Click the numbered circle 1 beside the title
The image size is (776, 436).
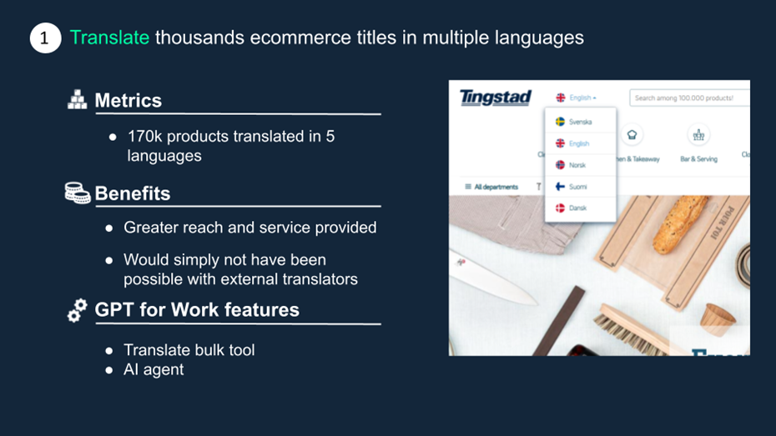(x=45, y=38)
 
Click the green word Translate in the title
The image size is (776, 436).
(x=109, y=38)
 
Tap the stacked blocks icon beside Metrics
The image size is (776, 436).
(x=77, y=100)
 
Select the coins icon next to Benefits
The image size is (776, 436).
(x=78, y=193)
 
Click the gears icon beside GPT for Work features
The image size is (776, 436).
(x=78, y=310)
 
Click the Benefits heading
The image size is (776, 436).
(x=132, y=193)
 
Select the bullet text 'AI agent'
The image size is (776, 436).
(x=154, y=369)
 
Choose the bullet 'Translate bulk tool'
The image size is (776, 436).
(x=189, y=350)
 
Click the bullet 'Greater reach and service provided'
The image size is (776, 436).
(x=249, y=228)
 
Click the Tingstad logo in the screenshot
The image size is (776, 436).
(x=496, y=98)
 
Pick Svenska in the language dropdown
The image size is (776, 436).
(x=581, y=122)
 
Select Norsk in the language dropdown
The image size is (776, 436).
(x=577, y=165)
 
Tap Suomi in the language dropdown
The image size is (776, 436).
(x=577, y=187)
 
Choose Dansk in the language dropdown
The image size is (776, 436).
(x=577, y=208)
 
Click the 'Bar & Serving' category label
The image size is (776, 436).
(x=698, y=158)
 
